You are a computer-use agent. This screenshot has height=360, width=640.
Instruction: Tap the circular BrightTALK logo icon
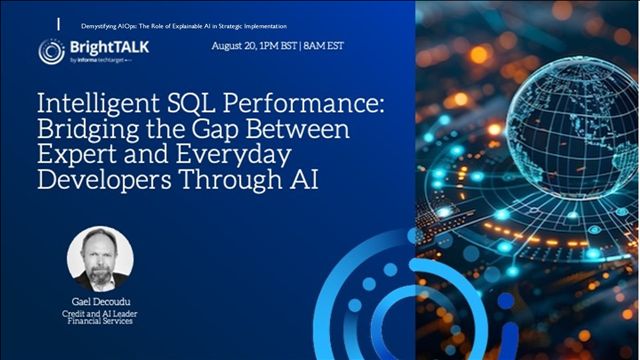[52, 51]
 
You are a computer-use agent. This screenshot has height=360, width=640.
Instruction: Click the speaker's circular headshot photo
[100, 258]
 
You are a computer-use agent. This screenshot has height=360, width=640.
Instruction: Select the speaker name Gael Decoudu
[100, 302]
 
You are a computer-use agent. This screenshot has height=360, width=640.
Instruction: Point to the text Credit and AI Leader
[100, 316]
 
